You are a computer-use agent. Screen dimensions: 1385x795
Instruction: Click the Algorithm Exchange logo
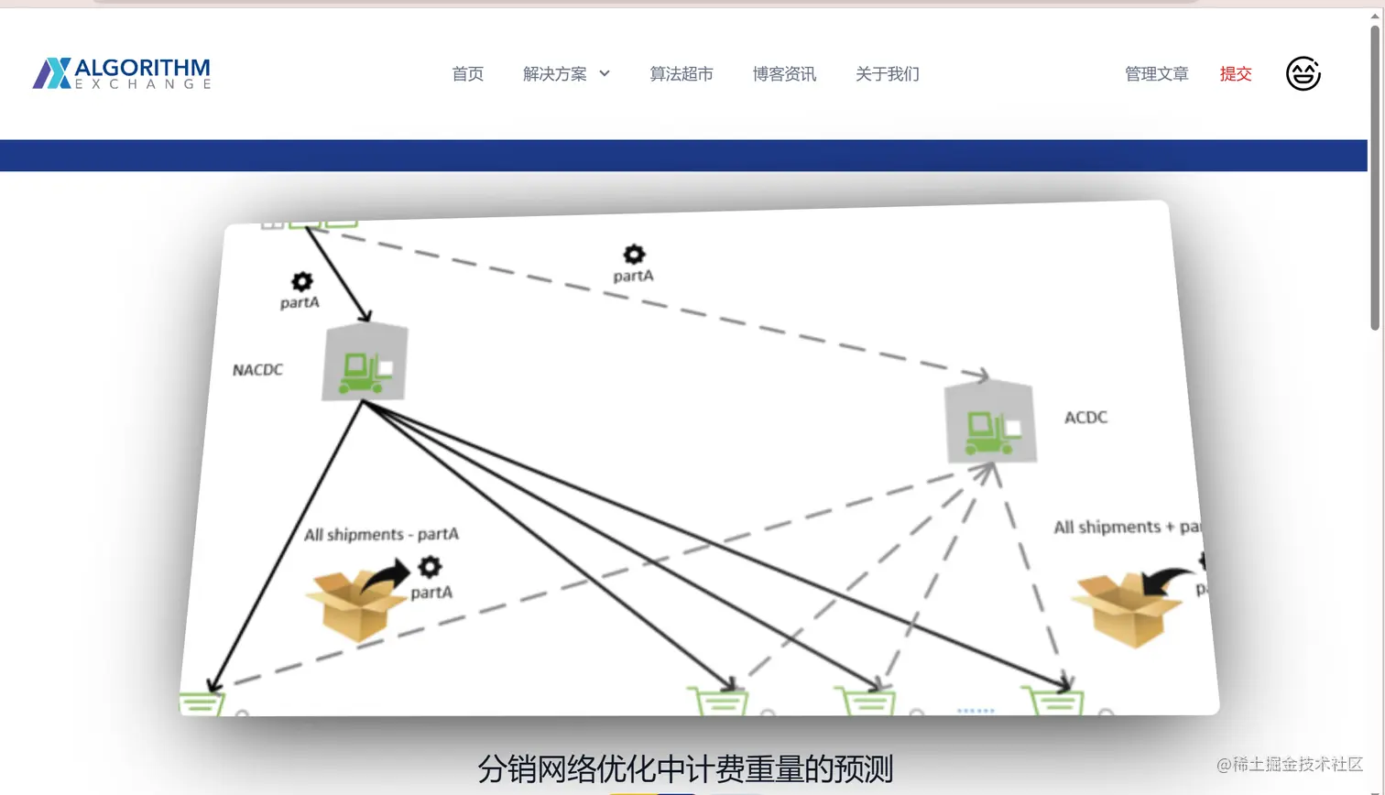pyautogui.click(x=122, y=73)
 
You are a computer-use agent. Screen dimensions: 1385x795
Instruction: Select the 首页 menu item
pyautogui.click(x=467, y=74)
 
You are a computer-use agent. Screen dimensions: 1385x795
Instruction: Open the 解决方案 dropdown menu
pyautogui.click(x=565, y=74)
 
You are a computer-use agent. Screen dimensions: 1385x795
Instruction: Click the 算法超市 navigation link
pyautogui.click(x=681, y=74)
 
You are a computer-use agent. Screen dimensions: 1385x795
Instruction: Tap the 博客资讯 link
pyautogui.click(x=784, y=74)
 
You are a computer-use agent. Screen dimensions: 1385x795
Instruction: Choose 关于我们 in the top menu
pyautogui.click(x=887, y=74)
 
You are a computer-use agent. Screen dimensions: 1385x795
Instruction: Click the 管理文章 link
pyautogui.click(x=1156, y=74)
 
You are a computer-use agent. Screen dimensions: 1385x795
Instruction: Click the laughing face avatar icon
pyautogui.click(x=1303, y=73)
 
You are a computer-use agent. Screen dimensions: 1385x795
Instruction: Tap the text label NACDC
pyautogui.click(x=257, y=370)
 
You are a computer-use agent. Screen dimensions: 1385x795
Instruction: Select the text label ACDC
pyautogui.click(x=1085, y=418)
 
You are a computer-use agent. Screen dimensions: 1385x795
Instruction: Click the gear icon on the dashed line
pyautogui.click(x=634, y=254)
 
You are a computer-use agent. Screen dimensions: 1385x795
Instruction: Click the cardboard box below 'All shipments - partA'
pyautogui.click(x=354, y=605)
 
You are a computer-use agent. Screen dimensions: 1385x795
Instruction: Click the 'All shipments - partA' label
pyautogui.click(x=381, y=534)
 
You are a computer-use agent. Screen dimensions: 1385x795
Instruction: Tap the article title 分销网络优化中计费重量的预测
pyautogui.click(x=684, y=768)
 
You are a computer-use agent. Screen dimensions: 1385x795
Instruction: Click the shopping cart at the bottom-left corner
pyautogui.click(x=202, y=703)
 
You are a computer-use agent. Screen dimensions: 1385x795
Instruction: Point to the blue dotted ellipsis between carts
pyautogui.click(x=976, y=711)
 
